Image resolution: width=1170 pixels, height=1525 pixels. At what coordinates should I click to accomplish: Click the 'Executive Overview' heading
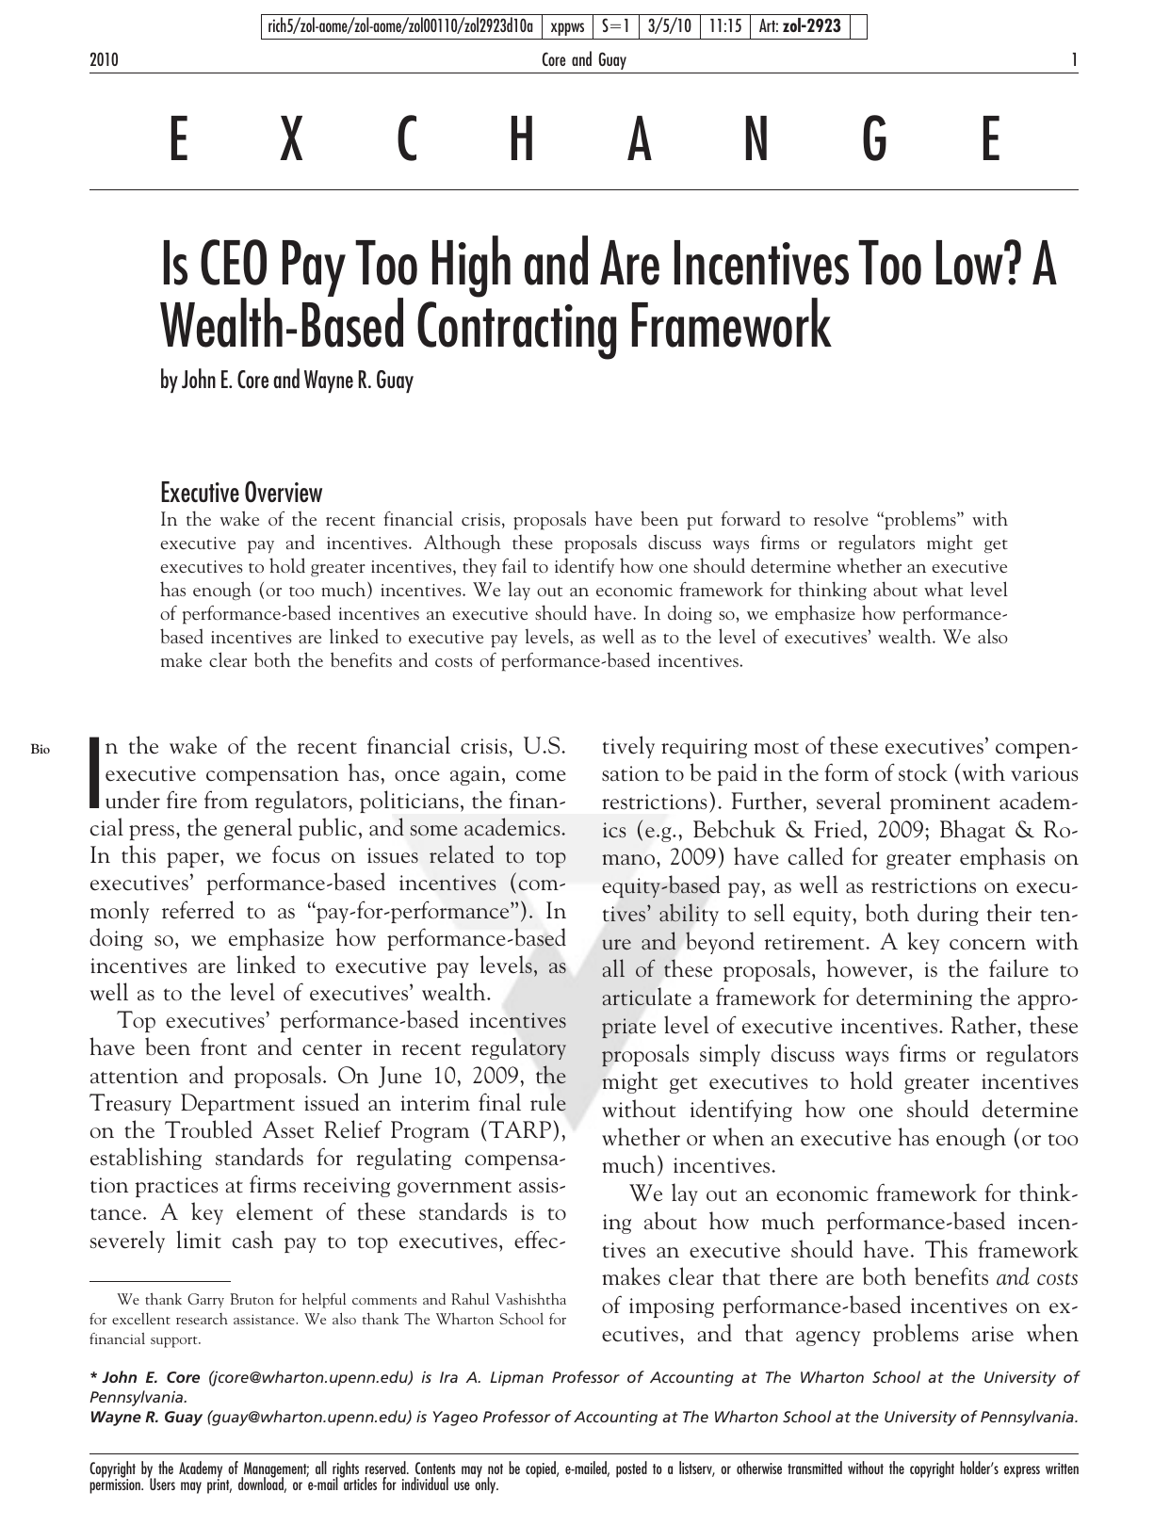click(241, 493)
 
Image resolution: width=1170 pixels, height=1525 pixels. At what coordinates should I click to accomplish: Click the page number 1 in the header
click(1074, 61)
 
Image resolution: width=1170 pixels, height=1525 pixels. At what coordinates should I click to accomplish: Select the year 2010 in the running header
click(104, 61)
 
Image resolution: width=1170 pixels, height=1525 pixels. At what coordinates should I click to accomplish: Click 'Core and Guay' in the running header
click(584, 61)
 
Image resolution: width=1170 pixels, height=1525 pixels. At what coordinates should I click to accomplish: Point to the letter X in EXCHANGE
click(292, 142)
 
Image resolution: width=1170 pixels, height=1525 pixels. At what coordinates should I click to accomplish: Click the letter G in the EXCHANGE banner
click(874, 142)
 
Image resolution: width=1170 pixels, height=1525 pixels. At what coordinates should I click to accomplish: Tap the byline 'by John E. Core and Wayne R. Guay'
click(286, 381)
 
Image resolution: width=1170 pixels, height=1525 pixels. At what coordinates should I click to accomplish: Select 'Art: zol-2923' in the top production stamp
click(800, 26)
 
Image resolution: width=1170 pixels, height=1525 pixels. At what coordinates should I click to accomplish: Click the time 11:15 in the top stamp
click(723, 26)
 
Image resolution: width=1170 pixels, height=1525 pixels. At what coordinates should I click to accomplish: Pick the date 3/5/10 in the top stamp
click(668, 26)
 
